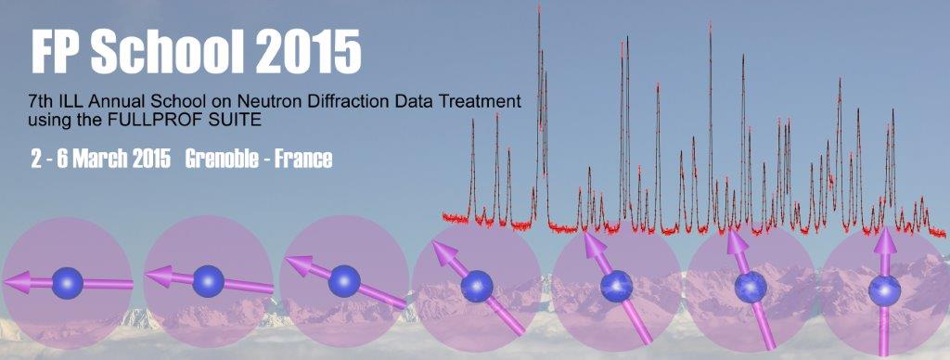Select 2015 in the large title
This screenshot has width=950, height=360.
pos(308,52)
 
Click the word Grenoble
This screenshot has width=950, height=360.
pos(222,159)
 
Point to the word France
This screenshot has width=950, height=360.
pos(303,159)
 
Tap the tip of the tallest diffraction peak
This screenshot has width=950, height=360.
pos(539,6)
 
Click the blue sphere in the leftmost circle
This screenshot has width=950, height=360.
pos(67,283)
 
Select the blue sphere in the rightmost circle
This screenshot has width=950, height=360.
pos(884,291)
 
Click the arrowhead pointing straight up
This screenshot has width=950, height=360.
pos(885,241)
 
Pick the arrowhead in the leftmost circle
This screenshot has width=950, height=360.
pos(18,282)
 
